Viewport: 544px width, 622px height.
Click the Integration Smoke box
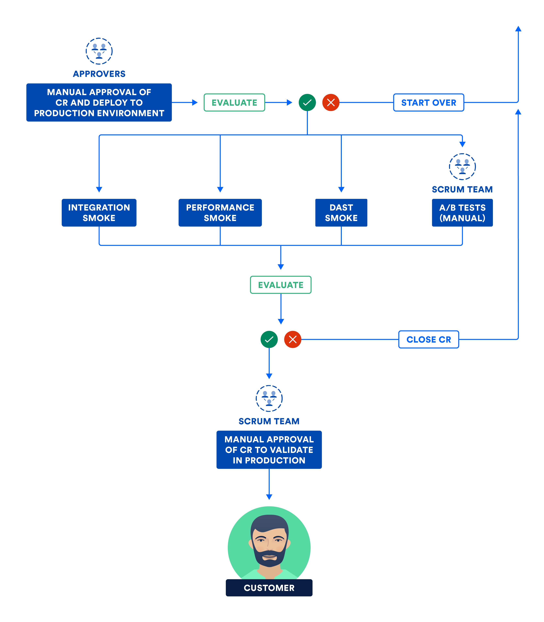[x=99, y=213]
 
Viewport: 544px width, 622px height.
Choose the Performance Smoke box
[x=220, y=213]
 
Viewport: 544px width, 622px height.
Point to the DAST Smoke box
[x=341, y=213]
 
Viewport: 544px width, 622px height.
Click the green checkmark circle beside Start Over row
[x=307, y=103]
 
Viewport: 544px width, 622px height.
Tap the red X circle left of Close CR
[x=293, y=339]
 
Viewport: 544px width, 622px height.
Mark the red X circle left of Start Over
[x=331, y=103]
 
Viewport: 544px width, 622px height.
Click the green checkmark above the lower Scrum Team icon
[x=269, y=339]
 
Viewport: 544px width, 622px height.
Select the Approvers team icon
[x=99, y=51]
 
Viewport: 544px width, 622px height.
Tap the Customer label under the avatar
[x=269, y=588]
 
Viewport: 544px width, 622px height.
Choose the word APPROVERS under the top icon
[x=99, y=74]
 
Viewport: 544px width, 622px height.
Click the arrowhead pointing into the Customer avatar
[x=269, y=497]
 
